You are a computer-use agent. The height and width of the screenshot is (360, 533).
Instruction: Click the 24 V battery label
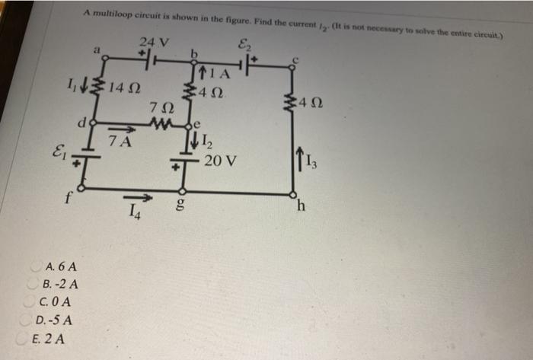pyautogui.click(x=154, y=41)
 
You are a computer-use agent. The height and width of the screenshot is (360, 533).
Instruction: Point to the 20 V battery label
pyautogui.click(x=222, y=161)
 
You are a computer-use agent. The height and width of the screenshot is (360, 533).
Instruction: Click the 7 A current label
pyautogui.click(x=120, y=141)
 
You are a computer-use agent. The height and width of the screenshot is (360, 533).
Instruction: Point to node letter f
pyautogui.click(x=68, y=201)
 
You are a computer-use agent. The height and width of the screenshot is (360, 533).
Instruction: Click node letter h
pyautogui.click(x=302, y=205)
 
